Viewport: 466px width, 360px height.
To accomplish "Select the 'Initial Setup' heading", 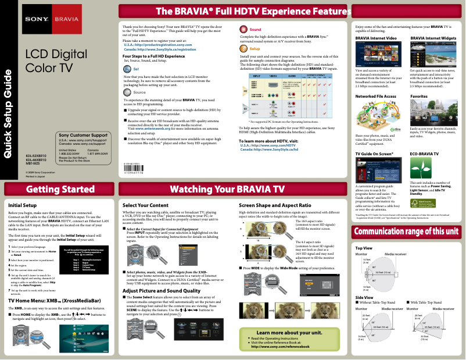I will click(23, 205).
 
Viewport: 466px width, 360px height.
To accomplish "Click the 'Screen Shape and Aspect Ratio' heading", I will click(274, 205).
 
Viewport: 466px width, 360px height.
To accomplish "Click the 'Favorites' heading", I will click(420, 95).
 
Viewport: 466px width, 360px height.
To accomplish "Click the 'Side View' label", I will click(364, 297).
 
